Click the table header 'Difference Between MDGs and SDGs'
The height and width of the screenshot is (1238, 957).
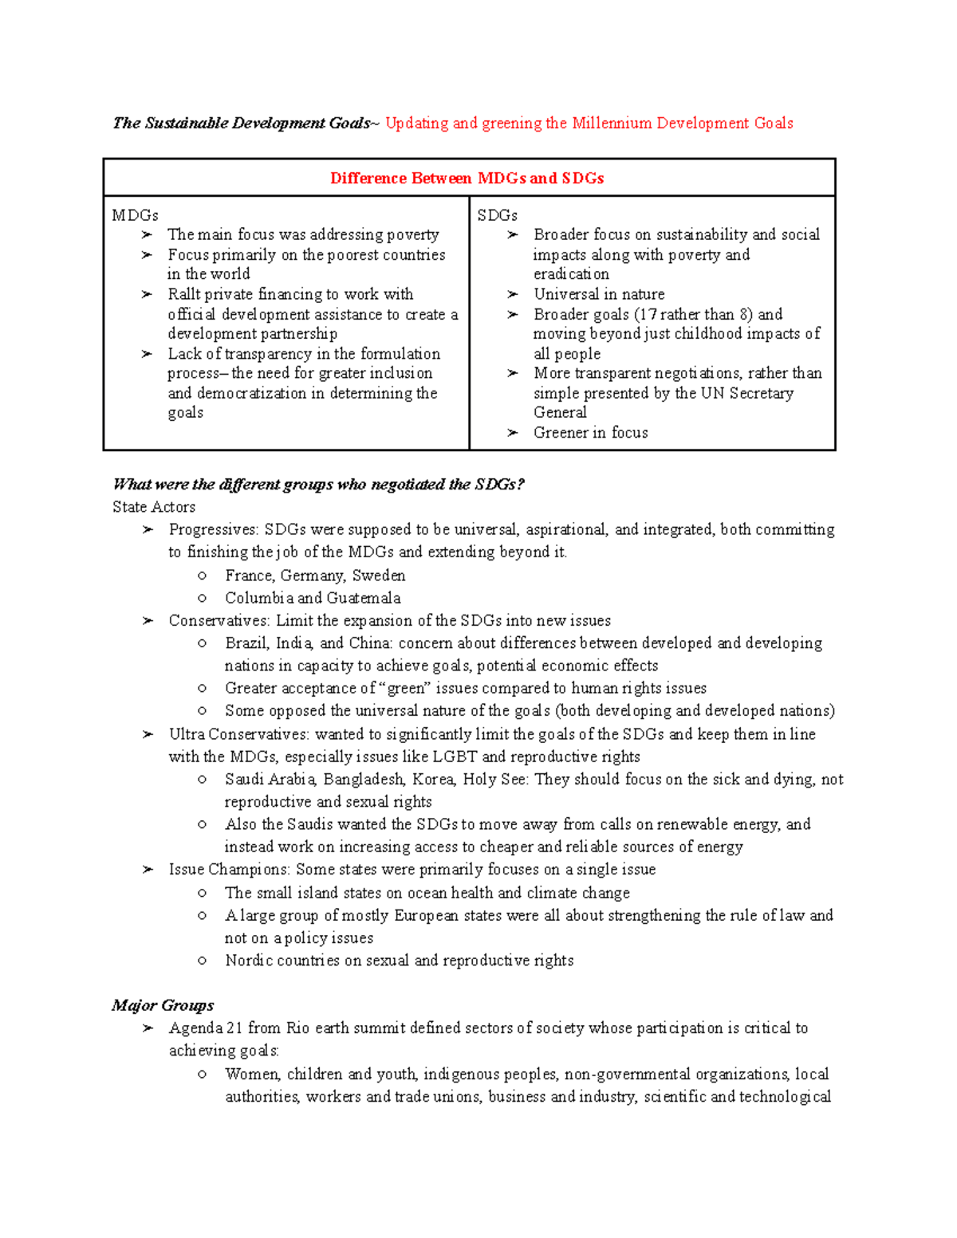click(x=467, y=179)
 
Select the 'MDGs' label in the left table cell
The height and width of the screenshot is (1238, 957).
click(x=135, y=215)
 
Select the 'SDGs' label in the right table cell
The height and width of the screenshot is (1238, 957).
click(x=497, y=215)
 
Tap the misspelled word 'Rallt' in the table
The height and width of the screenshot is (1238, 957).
click(x=183, y=294)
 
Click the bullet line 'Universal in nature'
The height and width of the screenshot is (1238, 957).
click(x=598, y=294)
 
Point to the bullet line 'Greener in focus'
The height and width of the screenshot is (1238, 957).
click(x=590, y=433)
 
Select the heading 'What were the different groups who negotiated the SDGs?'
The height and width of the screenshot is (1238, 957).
click(x=318, y=485)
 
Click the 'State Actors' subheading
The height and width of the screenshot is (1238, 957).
click(x=154, y=507)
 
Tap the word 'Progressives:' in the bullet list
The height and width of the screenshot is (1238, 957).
click(x=214, y=529)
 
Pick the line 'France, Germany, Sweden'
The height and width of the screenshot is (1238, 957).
click(x=315, y=576)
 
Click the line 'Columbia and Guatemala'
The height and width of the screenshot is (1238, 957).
click(x=313, y=598)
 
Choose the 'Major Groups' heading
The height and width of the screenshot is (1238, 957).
click(x=163, y=1005)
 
